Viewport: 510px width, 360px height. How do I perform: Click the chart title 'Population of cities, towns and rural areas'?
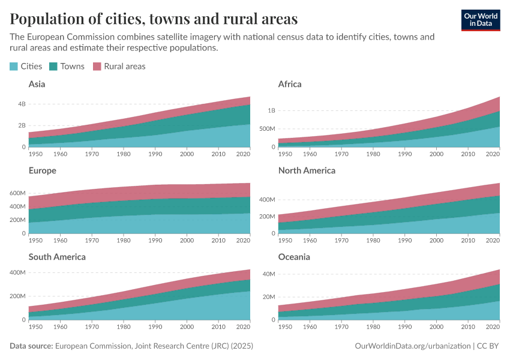(x=154, y=19)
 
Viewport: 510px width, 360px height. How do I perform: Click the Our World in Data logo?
(x=480, y=19)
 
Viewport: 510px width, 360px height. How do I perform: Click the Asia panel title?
(x=37, y=84)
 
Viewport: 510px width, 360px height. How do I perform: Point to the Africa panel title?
(x=290, y=84)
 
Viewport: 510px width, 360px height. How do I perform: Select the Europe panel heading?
(x=42, y=170)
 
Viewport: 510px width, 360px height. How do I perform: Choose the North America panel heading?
(x=307, y=170)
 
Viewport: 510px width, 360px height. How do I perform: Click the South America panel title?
(x=57, y=257)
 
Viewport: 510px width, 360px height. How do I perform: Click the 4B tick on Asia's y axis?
(x=22, y=104)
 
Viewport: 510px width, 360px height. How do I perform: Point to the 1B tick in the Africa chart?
(x=272, y=110)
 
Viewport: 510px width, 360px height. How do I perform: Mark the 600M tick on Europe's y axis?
(x=18, y=193)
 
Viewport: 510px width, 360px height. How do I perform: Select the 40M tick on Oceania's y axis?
(x=269, y=274)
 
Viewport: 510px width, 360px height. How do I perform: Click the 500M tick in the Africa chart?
(x=267, y=129)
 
